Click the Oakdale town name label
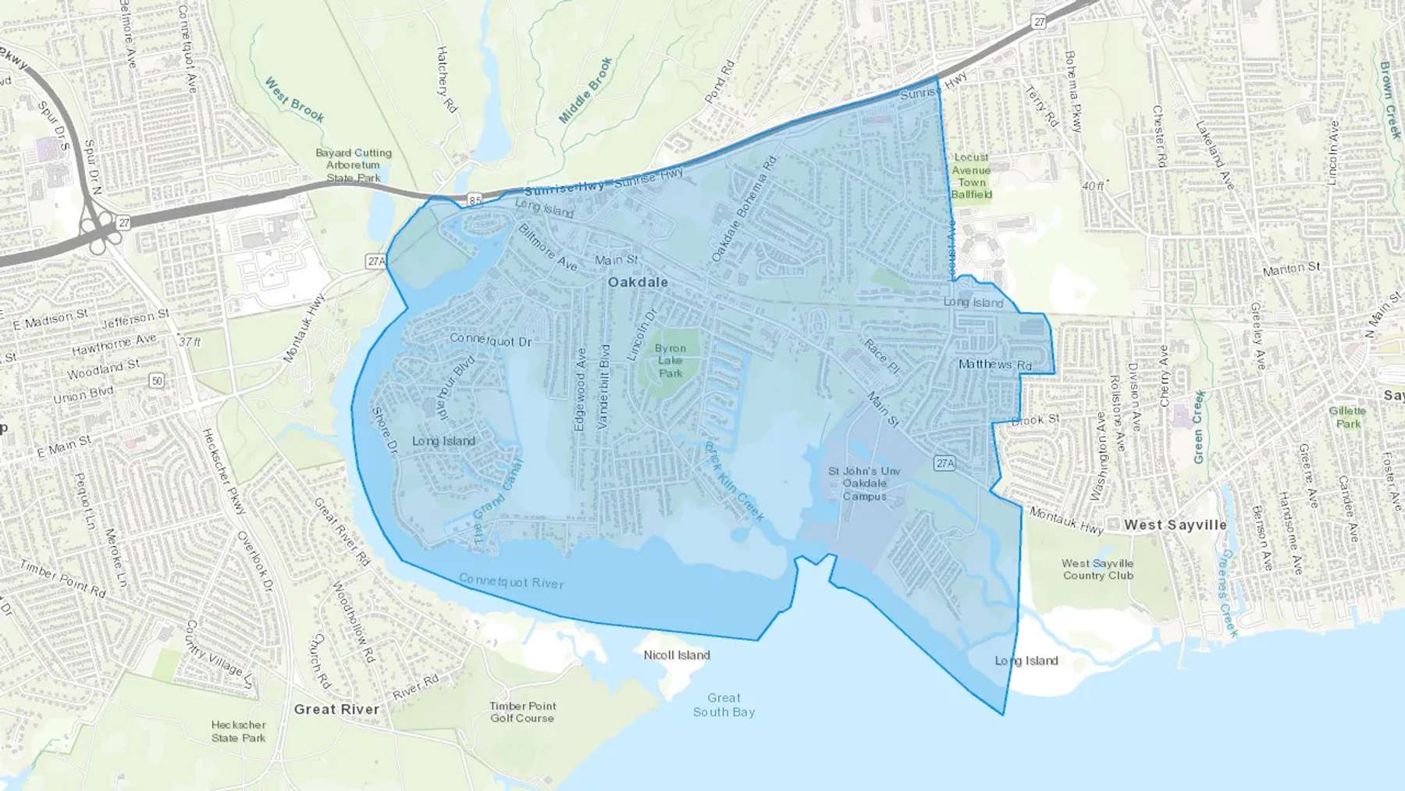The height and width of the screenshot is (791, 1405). [638, 282]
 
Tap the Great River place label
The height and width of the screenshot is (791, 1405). [336, 709]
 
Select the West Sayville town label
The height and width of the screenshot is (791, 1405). [1175, 525]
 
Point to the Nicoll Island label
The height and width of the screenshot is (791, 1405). [677, 655]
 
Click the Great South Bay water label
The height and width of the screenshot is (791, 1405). [724, 704]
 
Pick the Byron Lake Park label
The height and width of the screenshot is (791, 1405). [670, 361]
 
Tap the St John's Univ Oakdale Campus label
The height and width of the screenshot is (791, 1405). [864, 483]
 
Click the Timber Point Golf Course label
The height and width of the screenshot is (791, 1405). [522, 711]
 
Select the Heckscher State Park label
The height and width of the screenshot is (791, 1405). [238, 731]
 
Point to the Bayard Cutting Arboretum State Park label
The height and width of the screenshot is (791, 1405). [353, 165]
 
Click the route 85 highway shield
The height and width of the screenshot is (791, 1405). [475, 201]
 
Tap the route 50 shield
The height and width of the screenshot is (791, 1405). [157, 380]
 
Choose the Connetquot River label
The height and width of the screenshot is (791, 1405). [510, 581]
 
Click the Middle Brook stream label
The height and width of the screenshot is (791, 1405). [585, 90]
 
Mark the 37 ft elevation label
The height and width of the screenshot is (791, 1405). [190, 342]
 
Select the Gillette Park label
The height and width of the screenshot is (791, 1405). [1347, 417]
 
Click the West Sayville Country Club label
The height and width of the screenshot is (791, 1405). [1097, 569]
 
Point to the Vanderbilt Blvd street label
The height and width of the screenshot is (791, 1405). [603, 387]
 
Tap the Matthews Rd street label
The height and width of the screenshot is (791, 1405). [994, 365]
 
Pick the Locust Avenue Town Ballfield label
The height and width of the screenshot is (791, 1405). [971, 176]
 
